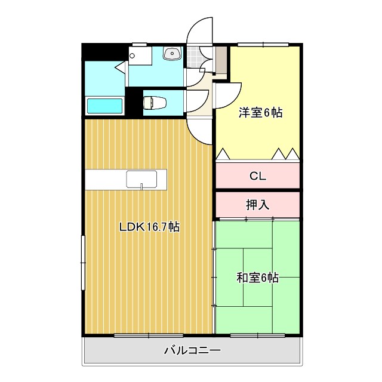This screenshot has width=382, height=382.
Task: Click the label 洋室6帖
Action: pyautogui.click(x=260, y=113)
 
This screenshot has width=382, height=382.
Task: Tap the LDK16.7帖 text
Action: pyautogui.click(x=149, y=227)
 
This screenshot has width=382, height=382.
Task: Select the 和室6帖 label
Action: pyautogui.click(x=257, y=278)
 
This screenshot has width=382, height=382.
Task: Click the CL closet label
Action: pyautogui.click(x=257, y=176)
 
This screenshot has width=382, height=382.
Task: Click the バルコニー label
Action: pyautogui.click(x=192, y=350)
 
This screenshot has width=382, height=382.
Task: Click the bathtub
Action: pyautogui.click(x=105, y=106)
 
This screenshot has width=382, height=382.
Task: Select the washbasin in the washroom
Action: pyautogui.click(x=172, y=54)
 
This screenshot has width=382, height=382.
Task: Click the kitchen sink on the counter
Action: pyautogui.click(x=141, y=178)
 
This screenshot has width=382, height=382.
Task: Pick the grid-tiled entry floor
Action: pyautogui.click(x=194, y=57)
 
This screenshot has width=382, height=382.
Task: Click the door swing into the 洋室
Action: pyautogui.click(x=227, y=95)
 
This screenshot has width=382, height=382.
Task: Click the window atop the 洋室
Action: pyautogui.click(x=263, y=44)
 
